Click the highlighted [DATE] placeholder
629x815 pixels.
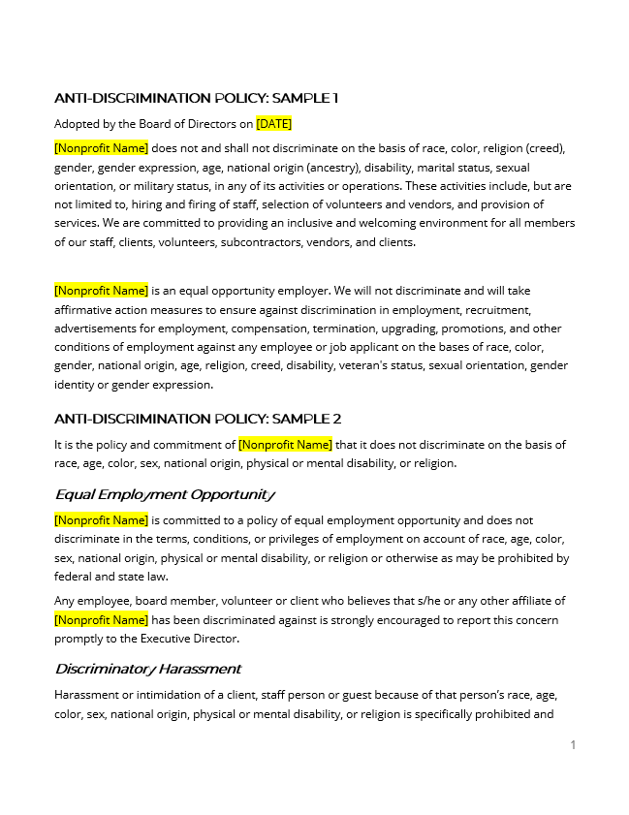(x=273, y=124)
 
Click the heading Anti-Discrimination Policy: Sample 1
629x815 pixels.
(x=196, y=98)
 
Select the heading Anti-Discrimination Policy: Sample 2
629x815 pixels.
(x=198, y=419)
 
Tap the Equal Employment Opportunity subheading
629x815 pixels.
(x=165, y=494)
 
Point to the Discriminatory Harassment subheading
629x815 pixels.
(x=147, y=669)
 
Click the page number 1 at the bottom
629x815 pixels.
(x=573, y=744)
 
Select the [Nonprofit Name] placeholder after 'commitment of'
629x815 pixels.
(x=285, y=445)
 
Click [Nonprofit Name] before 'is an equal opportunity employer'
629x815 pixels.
(x=101, y=291)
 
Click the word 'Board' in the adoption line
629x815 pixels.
(x=160, y=124)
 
